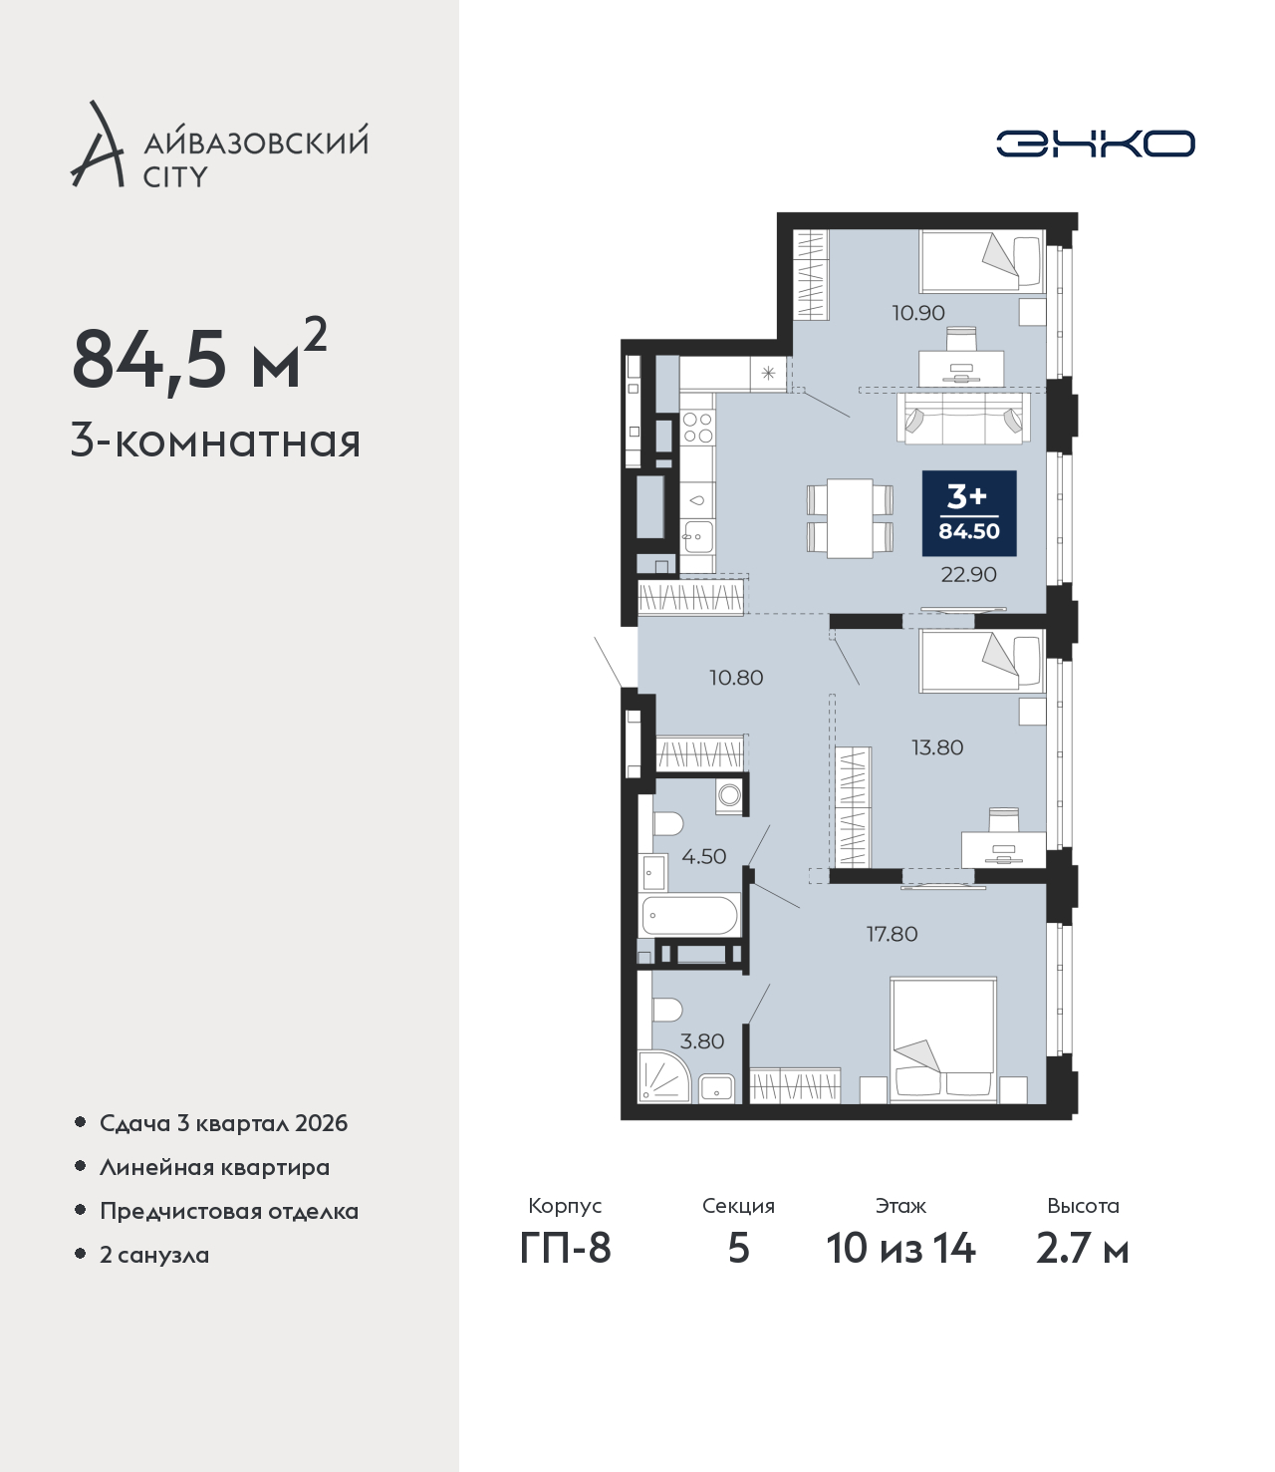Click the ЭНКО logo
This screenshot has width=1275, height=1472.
click(x=1095, y=144)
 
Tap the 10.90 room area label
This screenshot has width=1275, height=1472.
click(x=918, y=312)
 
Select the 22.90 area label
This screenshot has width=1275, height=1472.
click(x=968, y=574)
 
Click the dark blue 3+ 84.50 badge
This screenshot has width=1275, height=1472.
click(x=969, y=512)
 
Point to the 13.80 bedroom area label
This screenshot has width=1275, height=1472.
click(x=937, y=747)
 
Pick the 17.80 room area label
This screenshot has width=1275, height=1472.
click(x=892, y=934)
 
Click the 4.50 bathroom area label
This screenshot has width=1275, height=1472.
click(x=704, y=856)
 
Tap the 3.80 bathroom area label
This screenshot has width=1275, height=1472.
click(x=702, y=1041)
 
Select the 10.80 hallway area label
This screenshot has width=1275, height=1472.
click(x=736, y=677)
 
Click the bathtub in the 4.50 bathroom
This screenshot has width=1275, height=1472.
click(x=690, y=915)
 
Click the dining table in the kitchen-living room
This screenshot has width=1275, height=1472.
click(x=850, y=517)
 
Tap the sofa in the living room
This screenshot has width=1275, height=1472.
click(x=963, y=418)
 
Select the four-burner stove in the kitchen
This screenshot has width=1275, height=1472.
click(x=697, y=427)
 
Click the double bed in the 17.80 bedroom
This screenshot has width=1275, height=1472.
click(x=942, y=1039)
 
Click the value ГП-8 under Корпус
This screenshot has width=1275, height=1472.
click(x=565, y=1249)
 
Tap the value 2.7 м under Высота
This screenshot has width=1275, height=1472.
click(x=1082, y=1249)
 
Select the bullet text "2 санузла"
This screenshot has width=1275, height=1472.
click(x=154, y=1254)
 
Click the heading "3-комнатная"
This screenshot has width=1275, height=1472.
click(x=216, y=442)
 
